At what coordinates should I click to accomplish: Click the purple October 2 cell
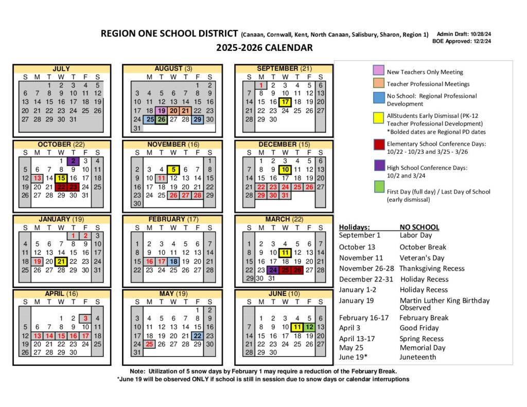point(74,161)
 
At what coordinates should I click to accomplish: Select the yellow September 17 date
point(286,101)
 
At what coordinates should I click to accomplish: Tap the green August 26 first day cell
point(161,119)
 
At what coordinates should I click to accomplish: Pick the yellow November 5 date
point(173,169)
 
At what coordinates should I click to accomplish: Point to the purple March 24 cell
point(273,270)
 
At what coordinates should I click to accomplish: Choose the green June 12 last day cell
point(309,327)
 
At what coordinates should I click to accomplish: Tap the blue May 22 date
point(197,335)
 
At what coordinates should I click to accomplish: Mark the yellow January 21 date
point(61,261)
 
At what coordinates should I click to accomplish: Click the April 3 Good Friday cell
point(86,318)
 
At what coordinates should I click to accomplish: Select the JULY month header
point(61,68)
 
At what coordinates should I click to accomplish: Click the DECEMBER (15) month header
point(285,145)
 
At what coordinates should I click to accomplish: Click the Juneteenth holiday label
point(418,357)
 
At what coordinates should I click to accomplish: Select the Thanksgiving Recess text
point(431,268)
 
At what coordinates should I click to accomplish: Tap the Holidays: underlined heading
point(354,227)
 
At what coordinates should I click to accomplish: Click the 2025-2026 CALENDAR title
point(264,48)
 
